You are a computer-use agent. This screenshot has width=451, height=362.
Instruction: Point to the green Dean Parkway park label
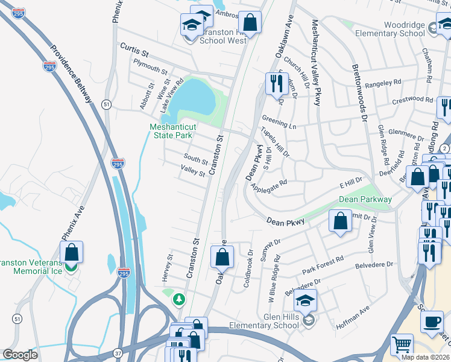[x=365, y=199]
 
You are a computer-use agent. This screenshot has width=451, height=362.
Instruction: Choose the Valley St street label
[x=194, y=171]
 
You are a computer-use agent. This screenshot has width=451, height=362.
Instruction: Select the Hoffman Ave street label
[x=356, y=313]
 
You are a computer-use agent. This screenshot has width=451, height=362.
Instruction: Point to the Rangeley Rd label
[x=383, y=83]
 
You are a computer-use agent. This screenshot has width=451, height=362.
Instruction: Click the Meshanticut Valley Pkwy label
[x=315, y=63]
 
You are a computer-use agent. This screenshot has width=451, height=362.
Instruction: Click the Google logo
[x=20, y=355]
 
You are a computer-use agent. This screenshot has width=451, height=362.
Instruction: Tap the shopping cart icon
[x=402, y=345]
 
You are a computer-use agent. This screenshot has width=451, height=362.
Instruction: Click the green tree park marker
[x=179, y=299]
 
